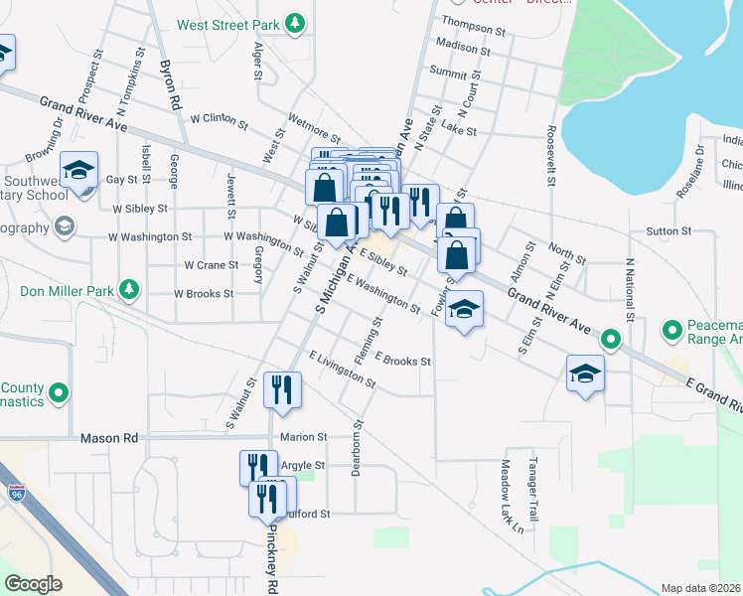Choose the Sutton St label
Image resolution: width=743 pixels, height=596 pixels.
tap(669, 231)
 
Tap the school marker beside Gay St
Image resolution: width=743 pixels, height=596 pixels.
tap(78, 171)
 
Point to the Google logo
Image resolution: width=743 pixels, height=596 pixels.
tap(33, 584)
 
